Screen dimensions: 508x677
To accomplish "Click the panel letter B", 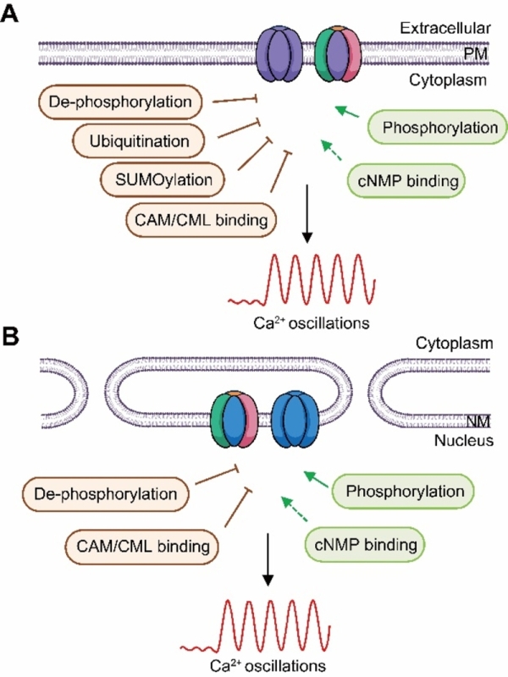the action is click(10, 336).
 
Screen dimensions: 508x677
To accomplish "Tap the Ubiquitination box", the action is click(138, 141).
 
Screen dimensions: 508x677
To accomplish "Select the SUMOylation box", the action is click(163, 179).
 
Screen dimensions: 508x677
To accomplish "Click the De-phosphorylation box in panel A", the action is click(120, 102).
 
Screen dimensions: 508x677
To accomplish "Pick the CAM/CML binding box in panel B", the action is click(142, 547).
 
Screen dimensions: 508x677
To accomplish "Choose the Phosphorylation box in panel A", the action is click(438, 128).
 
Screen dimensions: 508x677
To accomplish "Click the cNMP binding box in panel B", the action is click(365, 545).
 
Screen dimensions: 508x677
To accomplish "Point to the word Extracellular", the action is click(445, 28).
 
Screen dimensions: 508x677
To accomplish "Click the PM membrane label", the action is click(476, 54).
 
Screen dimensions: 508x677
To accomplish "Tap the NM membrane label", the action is click(478, 421).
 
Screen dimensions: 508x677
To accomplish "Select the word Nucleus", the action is click(463, 441).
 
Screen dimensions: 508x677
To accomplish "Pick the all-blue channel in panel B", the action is click(295, 419).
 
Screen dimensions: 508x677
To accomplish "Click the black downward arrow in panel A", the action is click(306, 214).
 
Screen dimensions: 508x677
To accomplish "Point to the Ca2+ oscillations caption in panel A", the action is click(311, 323).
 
